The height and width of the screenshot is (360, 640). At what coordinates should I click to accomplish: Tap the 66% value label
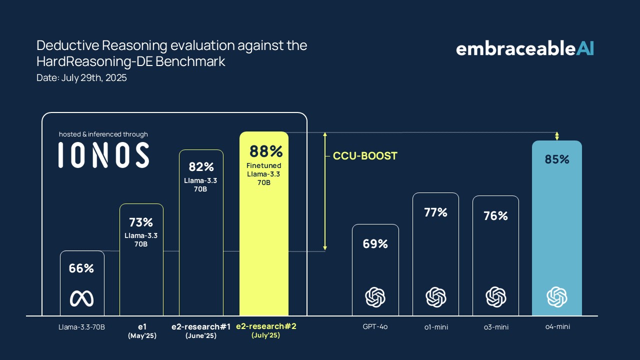(x=81, y=268)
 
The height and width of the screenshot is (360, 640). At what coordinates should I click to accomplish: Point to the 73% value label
(x=141, y=222)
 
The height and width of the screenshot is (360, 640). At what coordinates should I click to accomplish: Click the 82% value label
(x=201, y=167)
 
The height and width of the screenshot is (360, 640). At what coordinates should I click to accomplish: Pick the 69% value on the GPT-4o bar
(x=375, y=244)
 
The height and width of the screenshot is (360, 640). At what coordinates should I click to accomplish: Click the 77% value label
(x=435, y=212)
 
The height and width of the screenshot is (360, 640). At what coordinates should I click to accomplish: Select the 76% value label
(x=495, y=216)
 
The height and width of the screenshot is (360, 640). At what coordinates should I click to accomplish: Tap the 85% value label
(x=557, y=159)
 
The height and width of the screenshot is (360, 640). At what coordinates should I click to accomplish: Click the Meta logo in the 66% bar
(x=81, y=298)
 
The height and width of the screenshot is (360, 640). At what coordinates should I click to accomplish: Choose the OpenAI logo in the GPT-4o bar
(x=375, y=297)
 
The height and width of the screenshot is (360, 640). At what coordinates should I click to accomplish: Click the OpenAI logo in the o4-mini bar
(x=556, y=297)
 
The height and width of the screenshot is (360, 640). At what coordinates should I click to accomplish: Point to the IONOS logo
(x=103, y=155)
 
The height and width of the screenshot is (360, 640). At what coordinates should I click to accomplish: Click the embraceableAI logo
(x=524, y=48)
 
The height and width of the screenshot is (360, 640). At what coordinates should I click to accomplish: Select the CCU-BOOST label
(x=365, y=156)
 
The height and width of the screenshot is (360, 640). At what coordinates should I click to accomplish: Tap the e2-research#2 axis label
(x=265, y=326)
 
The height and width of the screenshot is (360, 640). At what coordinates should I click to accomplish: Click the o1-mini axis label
(x=435, y=327)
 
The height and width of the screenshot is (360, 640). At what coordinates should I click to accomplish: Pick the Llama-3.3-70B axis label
(x=81, y=327)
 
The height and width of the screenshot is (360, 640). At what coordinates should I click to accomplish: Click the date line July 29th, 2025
(x=81, y=78)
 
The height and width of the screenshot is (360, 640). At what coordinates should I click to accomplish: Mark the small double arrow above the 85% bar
(x=557, y=136)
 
